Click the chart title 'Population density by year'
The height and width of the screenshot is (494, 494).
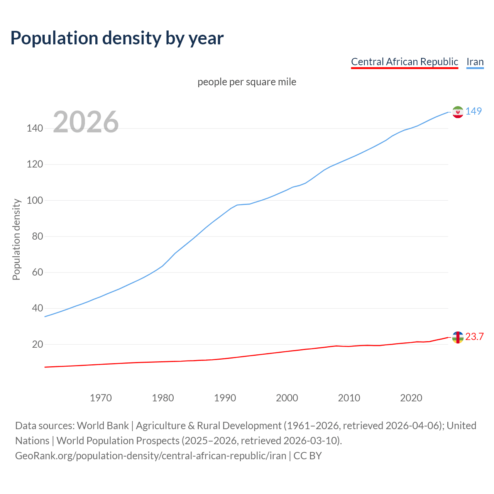tap(117, 38)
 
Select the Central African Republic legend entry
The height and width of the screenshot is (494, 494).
tap(404, 62)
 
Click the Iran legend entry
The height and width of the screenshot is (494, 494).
tap(475, 62)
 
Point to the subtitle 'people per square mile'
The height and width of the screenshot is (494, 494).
tap(247, 82)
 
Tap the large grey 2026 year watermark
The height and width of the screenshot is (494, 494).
tap(86, 122)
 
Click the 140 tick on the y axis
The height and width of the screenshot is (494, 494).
tap(35, 128)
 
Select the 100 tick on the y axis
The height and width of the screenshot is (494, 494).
tap(35, 200)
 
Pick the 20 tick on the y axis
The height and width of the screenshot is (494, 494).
tap(37, 344)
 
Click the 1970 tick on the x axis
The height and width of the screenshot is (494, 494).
tap(101, 398)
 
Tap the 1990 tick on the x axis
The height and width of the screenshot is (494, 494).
tap(225, 398)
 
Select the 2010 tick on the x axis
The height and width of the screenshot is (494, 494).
tap(349, 398)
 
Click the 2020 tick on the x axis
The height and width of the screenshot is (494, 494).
tap(411, 398)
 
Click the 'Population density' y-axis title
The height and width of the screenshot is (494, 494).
tap(16, 239)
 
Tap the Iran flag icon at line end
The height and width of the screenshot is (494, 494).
tap(458, 112)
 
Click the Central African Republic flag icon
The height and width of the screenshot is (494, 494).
tap(458, 337)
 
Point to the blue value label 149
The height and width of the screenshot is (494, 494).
tap(474, 111)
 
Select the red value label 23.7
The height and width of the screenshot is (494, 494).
tap(474, 337)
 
